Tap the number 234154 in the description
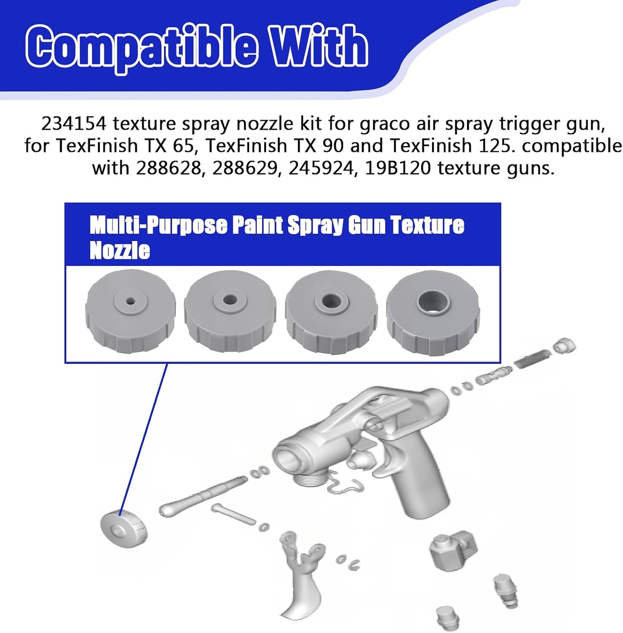pos(74,124)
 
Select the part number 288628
pos(169,168)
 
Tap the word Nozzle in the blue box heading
pos(120,251)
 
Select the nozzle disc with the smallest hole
pos(130,311)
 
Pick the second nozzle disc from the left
pos(230,312)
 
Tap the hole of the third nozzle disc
pos(331,300)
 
